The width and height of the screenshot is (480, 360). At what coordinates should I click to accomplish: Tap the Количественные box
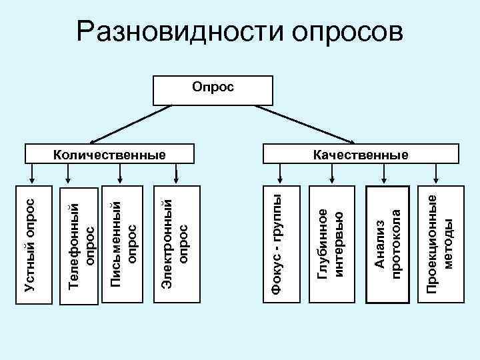coord(109,154)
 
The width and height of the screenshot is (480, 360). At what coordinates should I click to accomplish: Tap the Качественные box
coord(360,154)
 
